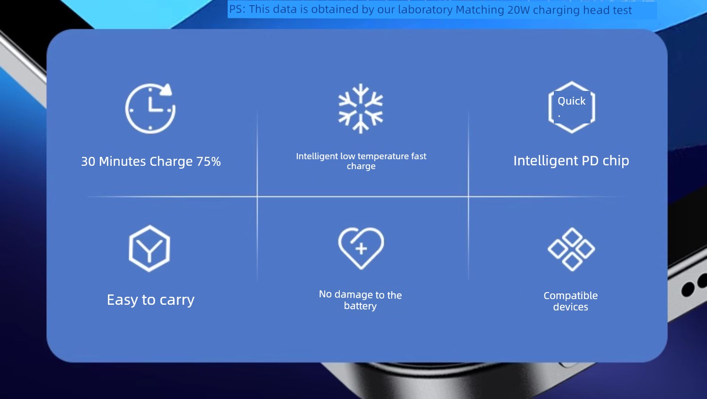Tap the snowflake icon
pyautogui.click(x=361, y=108)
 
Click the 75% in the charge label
pyautogui.click(x=208, y=162)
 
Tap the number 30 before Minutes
pyautogui.click(x=88, y=162)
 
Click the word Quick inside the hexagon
pyautogui.click(x=571, y=101)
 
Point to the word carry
pyautogui.click(x=177, y=300)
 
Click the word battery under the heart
pyautogui.click(x=360, y=306)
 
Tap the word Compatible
pyautogui.click(x=571, y=296)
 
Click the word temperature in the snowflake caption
pyautogui.click(x=383, y=156)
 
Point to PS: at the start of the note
pyautogui.click(x=237, y=9)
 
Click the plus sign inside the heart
pyautogui.click(x=361, y=249)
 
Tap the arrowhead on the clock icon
pyautogui.click(x=166, y=89)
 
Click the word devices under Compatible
pyautogui.click(x=571, y=307)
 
